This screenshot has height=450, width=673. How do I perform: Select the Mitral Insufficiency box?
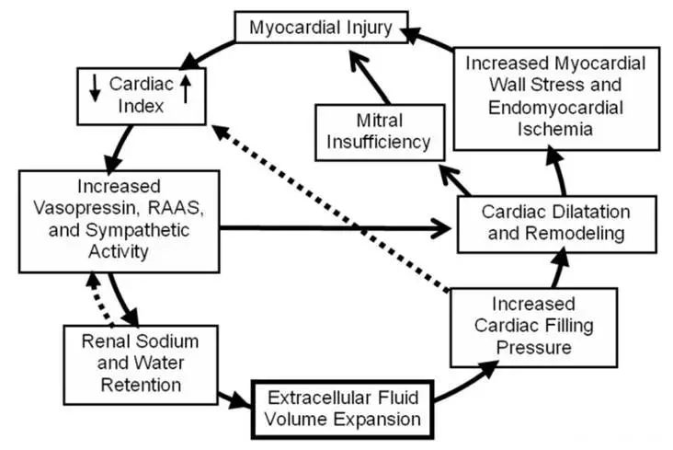click(x=380, y=130)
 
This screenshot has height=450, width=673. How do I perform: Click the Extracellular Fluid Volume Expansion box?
click(x=344, y=410)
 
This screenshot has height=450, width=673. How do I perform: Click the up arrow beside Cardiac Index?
click(x=185, y=88)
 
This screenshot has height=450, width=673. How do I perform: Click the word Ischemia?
click(x=554, y=130)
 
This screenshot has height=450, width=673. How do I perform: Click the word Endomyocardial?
click(x=554, y=108)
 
